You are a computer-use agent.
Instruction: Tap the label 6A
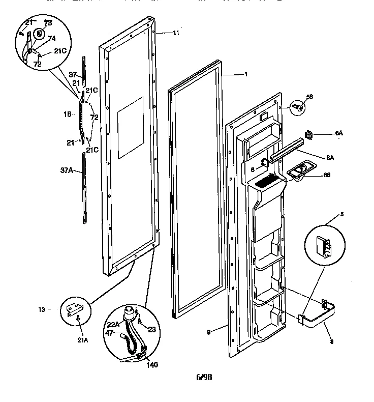[339, 133]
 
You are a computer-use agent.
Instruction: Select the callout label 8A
[330, 158]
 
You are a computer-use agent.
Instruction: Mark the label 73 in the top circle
[48, 23]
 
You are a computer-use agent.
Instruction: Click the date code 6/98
[204, 377]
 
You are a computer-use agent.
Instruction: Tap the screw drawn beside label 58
[298, 107]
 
